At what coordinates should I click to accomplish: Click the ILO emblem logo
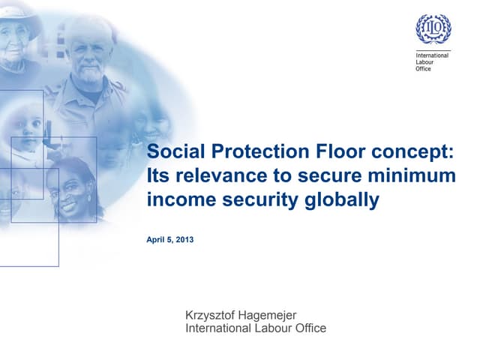(433, 28)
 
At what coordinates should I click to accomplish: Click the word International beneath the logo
(432, 55)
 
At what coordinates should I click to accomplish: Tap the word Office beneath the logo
(424, 69)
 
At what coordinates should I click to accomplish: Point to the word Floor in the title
(328, 151)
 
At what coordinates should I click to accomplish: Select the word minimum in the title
(419, 176)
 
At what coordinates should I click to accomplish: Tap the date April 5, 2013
(170, 240)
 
